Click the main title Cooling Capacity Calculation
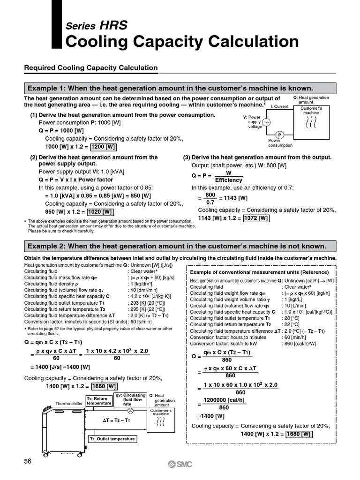click(182, 42)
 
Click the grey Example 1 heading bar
click(180, 88)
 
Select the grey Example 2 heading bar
click(180, 246)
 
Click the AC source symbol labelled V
click(268, 122)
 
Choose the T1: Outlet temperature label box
click(112, 439)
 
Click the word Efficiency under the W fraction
click(229, 180)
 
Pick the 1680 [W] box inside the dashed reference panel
click(299, 434)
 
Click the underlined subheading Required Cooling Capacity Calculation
click(91, 68)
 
